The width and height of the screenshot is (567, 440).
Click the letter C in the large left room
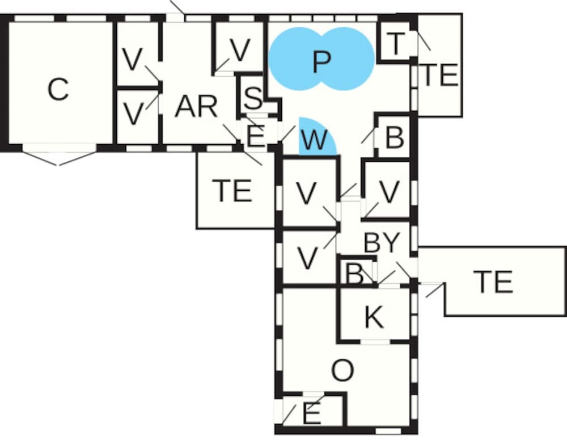pyautogui.click(x=58, y=89)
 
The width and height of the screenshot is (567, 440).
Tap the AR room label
pyautogui.click(x=196, y=107)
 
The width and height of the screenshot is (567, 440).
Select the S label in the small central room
pyautogui.click(x=253, y=98)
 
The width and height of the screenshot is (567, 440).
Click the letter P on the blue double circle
pyautogui.click(x=321, y=62)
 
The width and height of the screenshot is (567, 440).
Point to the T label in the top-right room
pyautogui.click(x=395, y=44)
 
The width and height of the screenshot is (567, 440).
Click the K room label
pyautogui.click(x=374, y=317)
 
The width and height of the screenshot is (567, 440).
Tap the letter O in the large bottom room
pyautogui.click(x=342, y=371)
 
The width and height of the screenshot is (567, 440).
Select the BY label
pyautogui.click(x=382, y=242)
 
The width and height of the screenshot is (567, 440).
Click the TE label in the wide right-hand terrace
pyautogui.click(x=494, y=282)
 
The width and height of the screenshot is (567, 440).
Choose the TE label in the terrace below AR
pyautogui.click(x=232, y=190)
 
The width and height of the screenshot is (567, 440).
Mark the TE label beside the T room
pyautogui.click(x=440, y=74)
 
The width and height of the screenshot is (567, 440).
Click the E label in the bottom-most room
pyautogui.click(x=311, y=414)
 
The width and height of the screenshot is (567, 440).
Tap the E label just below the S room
pyautogui.click(x=255, y=136)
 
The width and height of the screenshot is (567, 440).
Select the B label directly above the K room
pyautogui.click(x=355, y=274)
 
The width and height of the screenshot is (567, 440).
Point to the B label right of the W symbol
pyautogui.click(x=395, y=137)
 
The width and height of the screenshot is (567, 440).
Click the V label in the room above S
pyautogui.click(x=240, y=49)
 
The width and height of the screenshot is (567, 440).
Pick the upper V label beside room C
pyautogui.click(x=132, y=59)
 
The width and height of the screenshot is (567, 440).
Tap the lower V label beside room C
pyautogui.click(x=133, y=114)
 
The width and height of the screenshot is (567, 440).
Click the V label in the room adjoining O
pyautogui.click(x=308, y=258)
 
